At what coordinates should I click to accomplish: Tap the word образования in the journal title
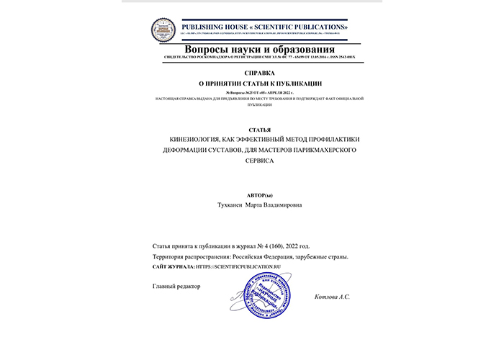coord(297,48)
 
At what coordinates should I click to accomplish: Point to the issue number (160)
coord(282,246)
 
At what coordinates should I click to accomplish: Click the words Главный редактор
coord(176,286)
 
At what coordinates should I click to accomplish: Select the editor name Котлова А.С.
coord(333,297)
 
